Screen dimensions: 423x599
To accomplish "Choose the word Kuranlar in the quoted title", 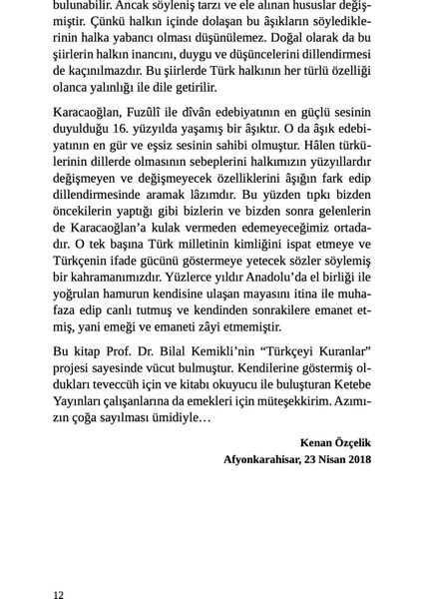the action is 336,355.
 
